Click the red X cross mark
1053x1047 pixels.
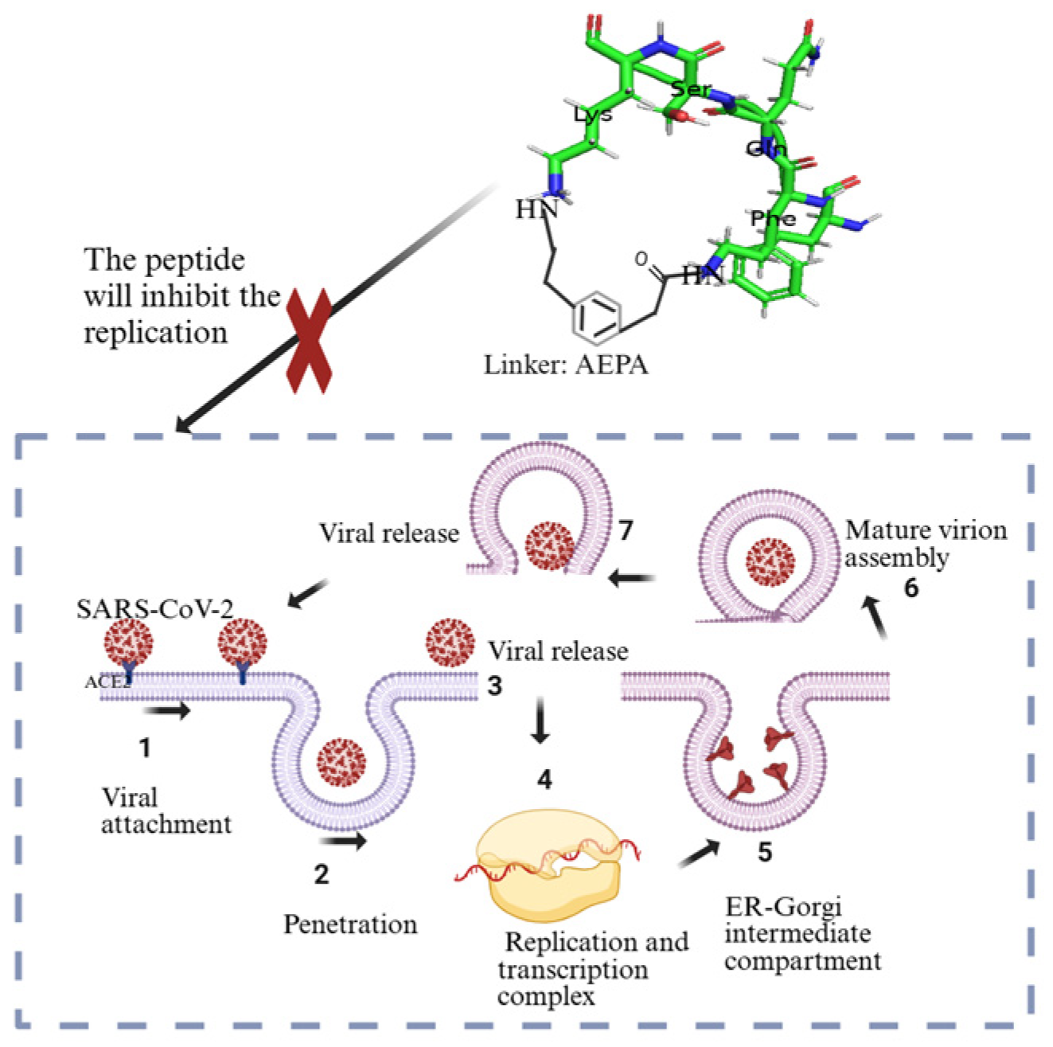[x=309, y=341]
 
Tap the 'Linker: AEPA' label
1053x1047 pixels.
[x=566, y=365]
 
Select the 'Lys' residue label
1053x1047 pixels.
[x=593, y=115]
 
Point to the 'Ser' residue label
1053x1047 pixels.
[x=690, y=88]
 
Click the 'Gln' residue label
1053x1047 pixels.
[x=766, y=149]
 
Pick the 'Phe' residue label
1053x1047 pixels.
[x=772, y=218]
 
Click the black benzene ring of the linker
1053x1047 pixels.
[x=596, y=316]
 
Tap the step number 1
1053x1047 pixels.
[x=144, y=748]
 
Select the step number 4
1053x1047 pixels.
[x=544, y=779]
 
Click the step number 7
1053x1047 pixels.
[x=626, y=529]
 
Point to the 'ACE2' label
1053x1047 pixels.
[x=107, y=682]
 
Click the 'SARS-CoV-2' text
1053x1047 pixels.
[x=155, y=609]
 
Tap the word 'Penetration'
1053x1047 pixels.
[x=350, y=924]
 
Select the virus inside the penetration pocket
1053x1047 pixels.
[x=341, y=761]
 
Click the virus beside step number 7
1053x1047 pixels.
[x=550, y=546]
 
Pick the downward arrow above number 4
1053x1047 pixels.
[x=540, y=720]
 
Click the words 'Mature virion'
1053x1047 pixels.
[x=926, y=530]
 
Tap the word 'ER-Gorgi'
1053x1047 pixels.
[x=783, y=906]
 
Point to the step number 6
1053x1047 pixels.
[x=911, y=588]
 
